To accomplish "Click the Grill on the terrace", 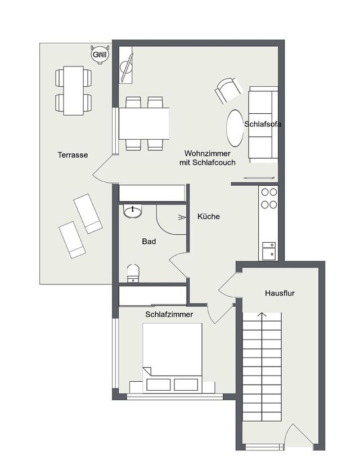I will click(x=100, y=55).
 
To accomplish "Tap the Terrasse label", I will click(x=73, y=155).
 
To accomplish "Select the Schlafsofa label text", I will click(x=263, y=124).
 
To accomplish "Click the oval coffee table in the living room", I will click(x=235, y=128).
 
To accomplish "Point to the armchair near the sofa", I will click(x=228, y=90).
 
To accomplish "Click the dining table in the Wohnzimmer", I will click(x=144, y=123).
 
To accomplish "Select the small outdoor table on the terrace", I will click(x=74, y=90).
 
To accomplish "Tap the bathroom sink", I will click(x=133, y=212).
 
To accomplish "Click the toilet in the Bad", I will click(x=133, y=273).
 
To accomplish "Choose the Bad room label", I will click(x=148, y=242).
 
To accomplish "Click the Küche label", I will click(x=208, y=216).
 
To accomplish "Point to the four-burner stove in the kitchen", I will click(x=269, y=199).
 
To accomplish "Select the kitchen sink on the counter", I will click(x=269, y=250).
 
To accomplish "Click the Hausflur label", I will click(x=280, y=293).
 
